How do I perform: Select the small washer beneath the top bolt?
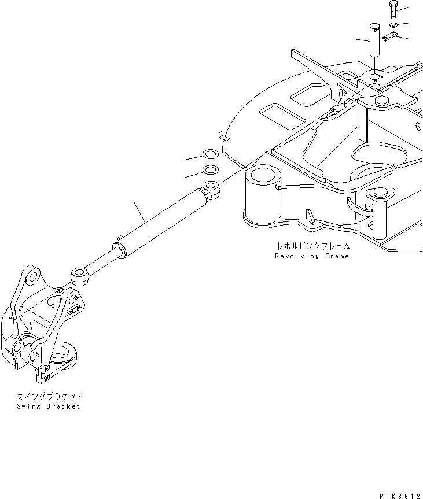tap(393, 26)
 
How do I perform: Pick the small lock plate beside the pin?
tap(390, 38)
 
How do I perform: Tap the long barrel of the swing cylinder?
tap(162, 223)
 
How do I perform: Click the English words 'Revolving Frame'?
tap(312, 256)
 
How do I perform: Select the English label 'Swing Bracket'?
tap(49, 406)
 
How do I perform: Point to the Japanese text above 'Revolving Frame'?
tap(312, 245)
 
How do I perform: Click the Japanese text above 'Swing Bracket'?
tap(49, 396)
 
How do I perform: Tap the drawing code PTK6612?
tap(399, 495)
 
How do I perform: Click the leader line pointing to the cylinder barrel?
tap(139, 212)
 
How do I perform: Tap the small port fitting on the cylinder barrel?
tap(120, 238)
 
